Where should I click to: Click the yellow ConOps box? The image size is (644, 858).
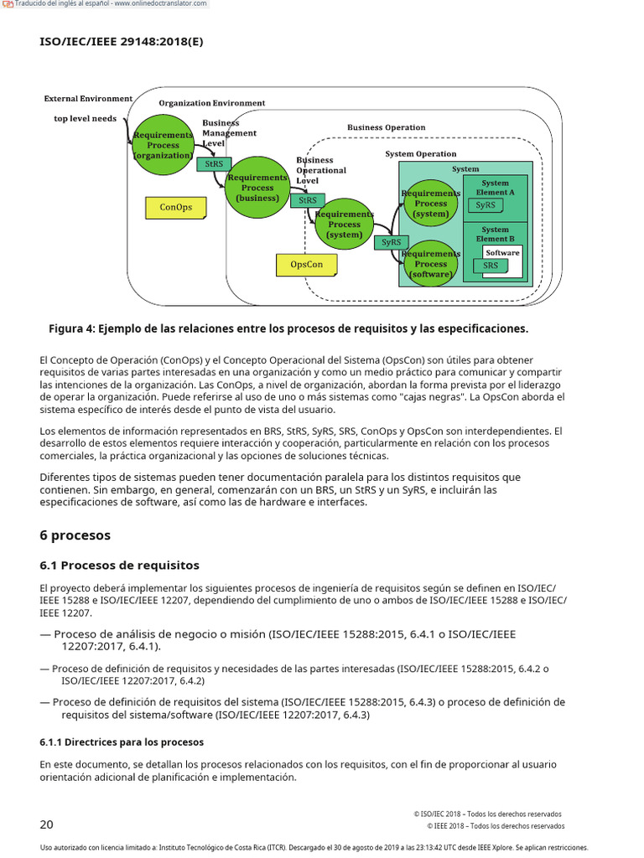(176, 207)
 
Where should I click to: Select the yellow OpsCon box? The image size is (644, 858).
(306, 265)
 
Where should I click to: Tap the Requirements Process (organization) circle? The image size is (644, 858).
(164, 145)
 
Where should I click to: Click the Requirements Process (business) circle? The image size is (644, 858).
(257, 188)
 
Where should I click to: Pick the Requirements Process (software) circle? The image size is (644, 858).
(431, 263)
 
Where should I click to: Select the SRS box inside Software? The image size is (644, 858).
(491, 266)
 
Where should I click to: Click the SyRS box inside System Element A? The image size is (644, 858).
(486, 205)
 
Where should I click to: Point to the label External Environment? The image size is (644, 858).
(88, 99)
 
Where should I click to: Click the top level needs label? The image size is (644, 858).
(86, 119)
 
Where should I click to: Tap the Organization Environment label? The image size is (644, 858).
(211, 103)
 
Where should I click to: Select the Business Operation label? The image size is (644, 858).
(386, 128)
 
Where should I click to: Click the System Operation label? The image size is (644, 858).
(421, 154)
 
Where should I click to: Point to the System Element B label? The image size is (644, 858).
(495, 234)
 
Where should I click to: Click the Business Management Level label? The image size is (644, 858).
(229, 132)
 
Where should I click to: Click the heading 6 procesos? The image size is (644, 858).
(75, 535)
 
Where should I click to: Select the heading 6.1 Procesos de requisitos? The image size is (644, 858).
(119, 566)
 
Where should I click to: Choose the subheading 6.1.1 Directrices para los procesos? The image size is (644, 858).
(122, 742)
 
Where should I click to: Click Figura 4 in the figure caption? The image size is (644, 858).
(70, 328)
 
